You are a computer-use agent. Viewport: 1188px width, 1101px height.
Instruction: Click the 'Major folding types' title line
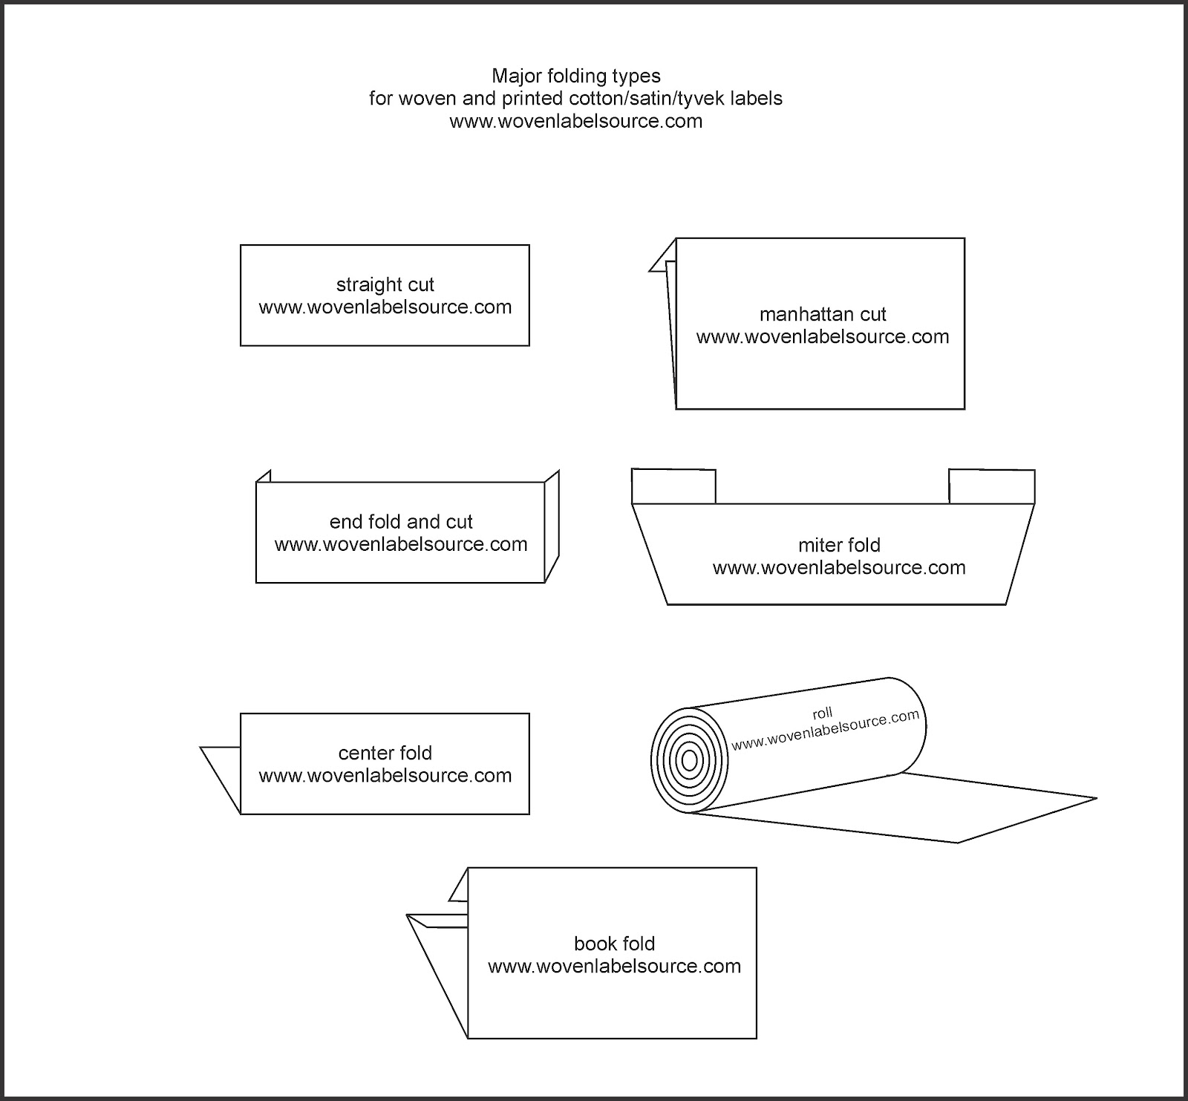pos(575,76)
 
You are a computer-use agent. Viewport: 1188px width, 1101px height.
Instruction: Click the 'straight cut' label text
pos(385,284)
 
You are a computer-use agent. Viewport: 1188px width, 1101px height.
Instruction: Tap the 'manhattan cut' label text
pos(823,314)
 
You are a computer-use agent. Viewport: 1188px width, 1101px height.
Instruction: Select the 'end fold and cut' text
pos(401,522)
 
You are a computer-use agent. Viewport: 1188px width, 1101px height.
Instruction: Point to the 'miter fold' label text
pos(839,545)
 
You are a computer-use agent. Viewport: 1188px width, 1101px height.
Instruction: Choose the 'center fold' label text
pos(385,753)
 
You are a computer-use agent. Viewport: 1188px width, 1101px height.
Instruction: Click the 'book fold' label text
pos(614,944)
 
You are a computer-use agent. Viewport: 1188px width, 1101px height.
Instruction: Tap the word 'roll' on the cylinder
pos(822,713)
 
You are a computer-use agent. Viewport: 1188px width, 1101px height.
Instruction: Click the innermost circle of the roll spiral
pos(689,760)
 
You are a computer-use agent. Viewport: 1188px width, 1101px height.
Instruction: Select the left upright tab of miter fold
pos(673,486)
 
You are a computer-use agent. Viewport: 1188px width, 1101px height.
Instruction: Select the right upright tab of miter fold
pos(991,487)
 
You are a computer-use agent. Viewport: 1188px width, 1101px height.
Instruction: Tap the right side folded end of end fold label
pos(552,527)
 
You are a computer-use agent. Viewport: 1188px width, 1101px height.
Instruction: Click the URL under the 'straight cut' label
pos(385,307)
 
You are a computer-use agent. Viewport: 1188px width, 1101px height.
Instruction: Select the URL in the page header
pos(575,121)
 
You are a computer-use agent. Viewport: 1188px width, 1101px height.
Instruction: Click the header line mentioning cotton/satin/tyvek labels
pos(575,98)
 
